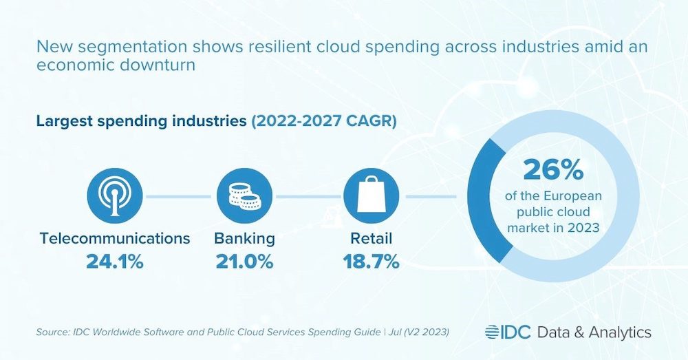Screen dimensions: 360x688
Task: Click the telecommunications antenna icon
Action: point(115,195)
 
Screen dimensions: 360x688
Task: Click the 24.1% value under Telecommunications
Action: point(115,262)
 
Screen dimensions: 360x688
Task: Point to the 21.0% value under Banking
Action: point(244,262)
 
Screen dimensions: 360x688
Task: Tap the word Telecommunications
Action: point(115,239)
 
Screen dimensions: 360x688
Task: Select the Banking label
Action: point(244,239)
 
